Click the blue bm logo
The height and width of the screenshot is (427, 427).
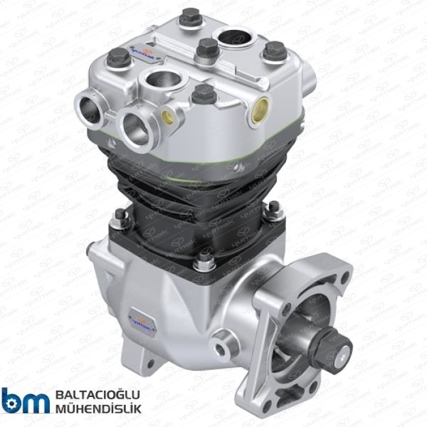click(24, 400)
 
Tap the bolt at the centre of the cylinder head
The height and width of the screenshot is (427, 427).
click(206, 49)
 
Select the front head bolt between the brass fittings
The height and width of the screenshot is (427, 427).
click(204, 93)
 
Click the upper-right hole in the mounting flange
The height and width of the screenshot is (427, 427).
click(342, 273)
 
